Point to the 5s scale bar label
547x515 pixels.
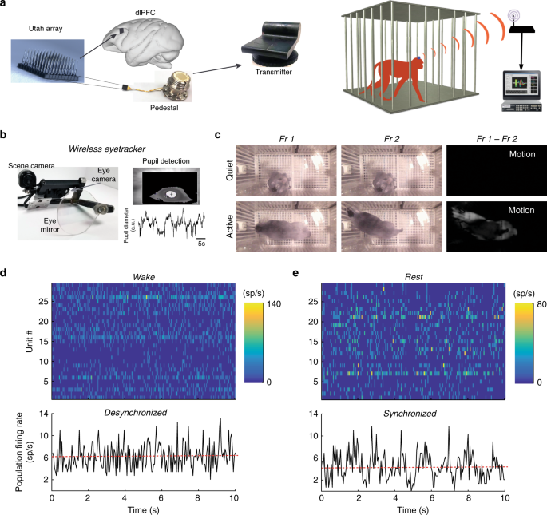pos(203,244)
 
